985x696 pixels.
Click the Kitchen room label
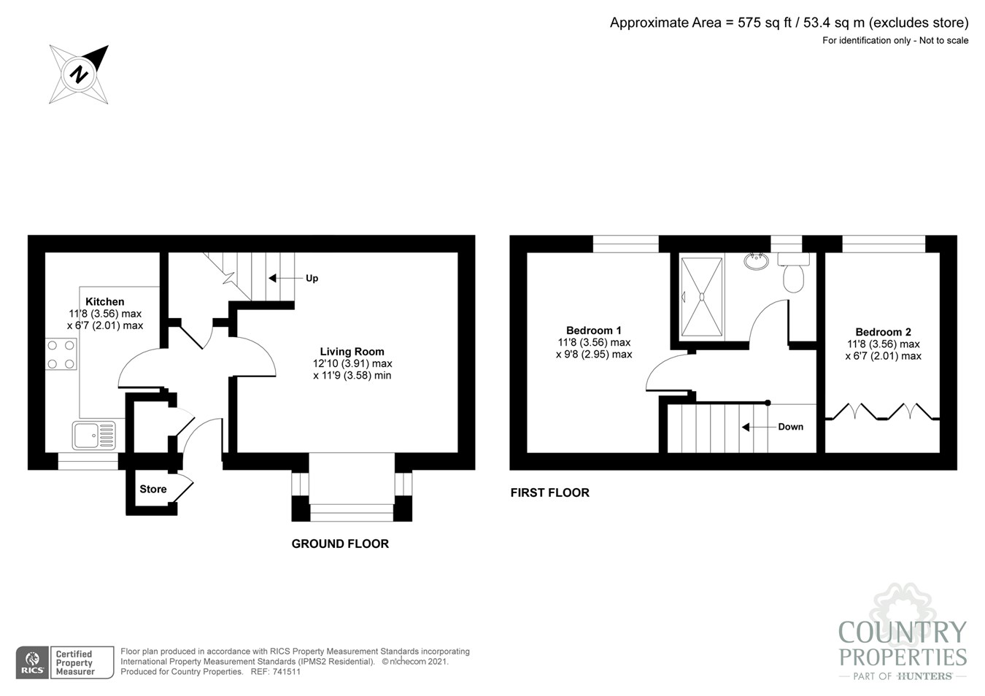tap(104, 301)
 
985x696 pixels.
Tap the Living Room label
tap(352, 352)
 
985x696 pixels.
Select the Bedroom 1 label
tap(593, 330)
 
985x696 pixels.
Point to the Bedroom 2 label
tap(883, 332)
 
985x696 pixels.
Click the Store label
tap(153, 490)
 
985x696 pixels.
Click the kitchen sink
tap(94, 436)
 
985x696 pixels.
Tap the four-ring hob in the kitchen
tap(61, 355)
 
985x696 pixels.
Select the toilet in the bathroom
tap(793, 274)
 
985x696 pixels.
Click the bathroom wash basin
tap(757, 260)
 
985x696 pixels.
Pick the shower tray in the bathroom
tap(702, 297)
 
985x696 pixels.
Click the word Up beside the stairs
tap(312, 278)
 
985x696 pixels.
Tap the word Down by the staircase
tap(790, 427)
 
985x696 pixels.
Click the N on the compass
tap(79, 74)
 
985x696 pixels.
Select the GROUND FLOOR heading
tap(340, 544)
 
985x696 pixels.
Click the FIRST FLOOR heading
tap(549, 492)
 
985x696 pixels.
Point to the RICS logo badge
tap(32, 662)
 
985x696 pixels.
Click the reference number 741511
tap(285, 672)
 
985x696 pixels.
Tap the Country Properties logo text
tap(903, 644)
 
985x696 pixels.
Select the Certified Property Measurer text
tap(75, 662)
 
